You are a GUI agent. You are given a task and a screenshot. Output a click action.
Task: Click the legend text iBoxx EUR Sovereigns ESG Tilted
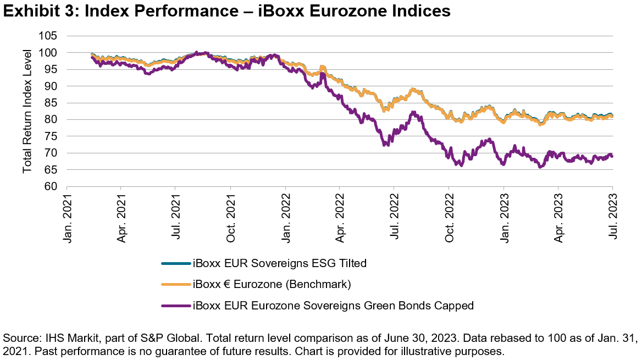click(x=279, y=263)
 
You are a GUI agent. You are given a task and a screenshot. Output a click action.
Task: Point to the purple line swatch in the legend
click(x=175, y=305)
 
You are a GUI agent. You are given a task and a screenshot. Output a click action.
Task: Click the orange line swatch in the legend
click(x=175, y=284)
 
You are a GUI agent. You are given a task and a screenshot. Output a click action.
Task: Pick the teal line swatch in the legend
click(x=175, y=263)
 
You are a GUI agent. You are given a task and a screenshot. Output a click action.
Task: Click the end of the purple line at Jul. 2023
click(x=612, y=157)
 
